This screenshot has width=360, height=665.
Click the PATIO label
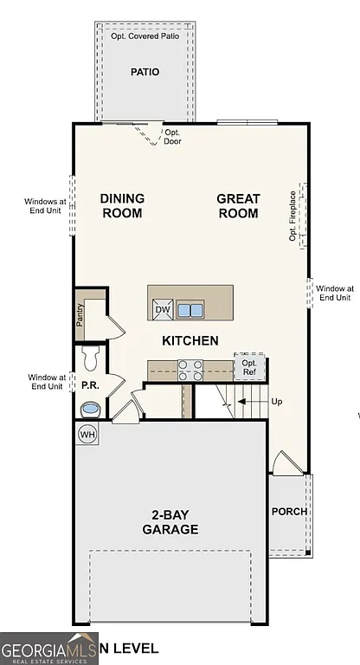[145, 73]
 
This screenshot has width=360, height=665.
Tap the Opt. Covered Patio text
[145, 37]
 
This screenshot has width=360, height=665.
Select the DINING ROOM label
[122, 205]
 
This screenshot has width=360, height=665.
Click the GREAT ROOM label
[238, 205]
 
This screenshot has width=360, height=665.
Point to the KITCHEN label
[190, 340]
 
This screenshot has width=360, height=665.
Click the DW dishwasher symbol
[163, 309]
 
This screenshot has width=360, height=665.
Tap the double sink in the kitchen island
[190, 309]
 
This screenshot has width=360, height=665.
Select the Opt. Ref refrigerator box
[249, 367]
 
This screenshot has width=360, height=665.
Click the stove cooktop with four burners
[190, 370]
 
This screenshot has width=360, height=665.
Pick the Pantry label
[80, 316]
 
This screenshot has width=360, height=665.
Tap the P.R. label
[89, 384]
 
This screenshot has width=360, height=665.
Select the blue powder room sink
[90, 408]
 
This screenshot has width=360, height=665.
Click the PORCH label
[289, 511]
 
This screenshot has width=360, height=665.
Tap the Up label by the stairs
[277, 402]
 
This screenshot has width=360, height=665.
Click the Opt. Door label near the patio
[173, 137]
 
